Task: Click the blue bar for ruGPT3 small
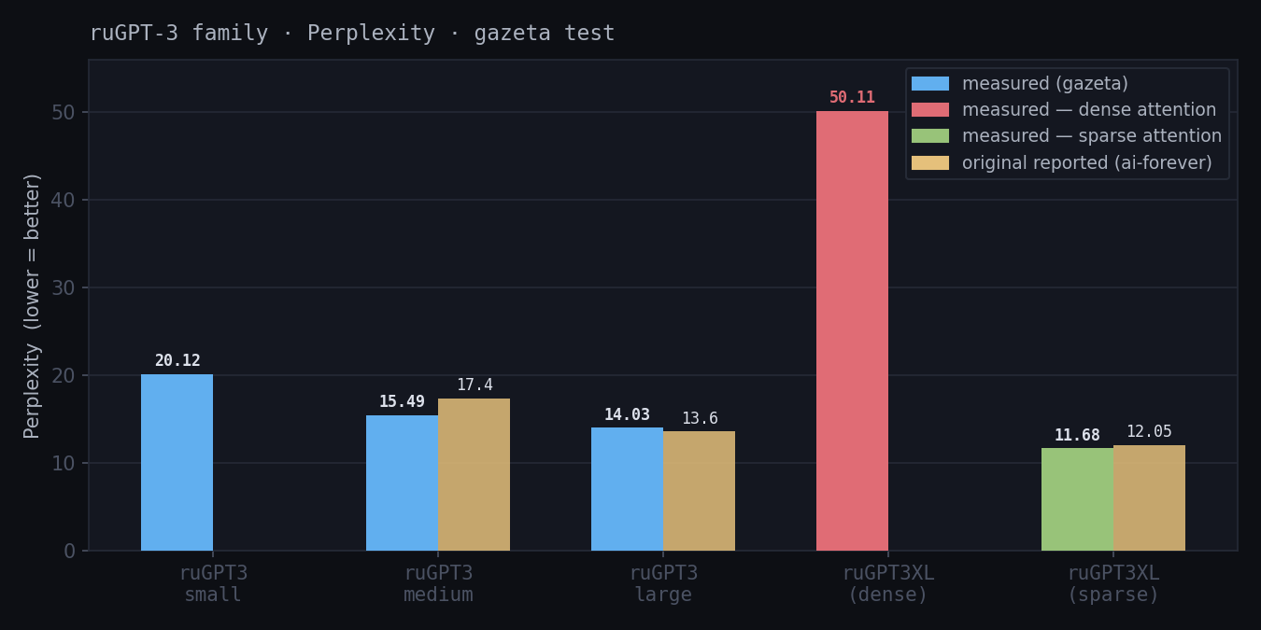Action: pos(177,462)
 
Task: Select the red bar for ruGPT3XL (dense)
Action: pos(852,331)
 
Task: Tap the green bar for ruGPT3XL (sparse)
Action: pos(1077,499)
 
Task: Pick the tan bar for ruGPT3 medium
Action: pos(474,474)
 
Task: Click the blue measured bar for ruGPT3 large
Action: pos(627,489)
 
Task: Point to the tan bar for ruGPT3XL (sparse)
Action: pos(1149,497)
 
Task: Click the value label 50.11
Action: pos(852,98)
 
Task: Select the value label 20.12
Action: pos(177,361)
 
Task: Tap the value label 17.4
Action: pos(475,385)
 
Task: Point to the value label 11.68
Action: pos(1077,436)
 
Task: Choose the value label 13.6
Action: pos(700,419)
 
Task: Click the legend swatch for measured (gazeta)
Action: pos(929,84)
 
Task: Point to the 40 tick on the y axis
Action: pos(64,200)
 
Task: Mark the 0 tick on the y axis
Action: pos(70,551)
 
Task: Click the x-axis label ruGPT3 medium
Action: pos(438,584)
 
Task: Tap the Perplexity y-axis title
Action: pos(33,305)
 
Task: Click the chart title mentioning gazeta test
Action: pos(352,34)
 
